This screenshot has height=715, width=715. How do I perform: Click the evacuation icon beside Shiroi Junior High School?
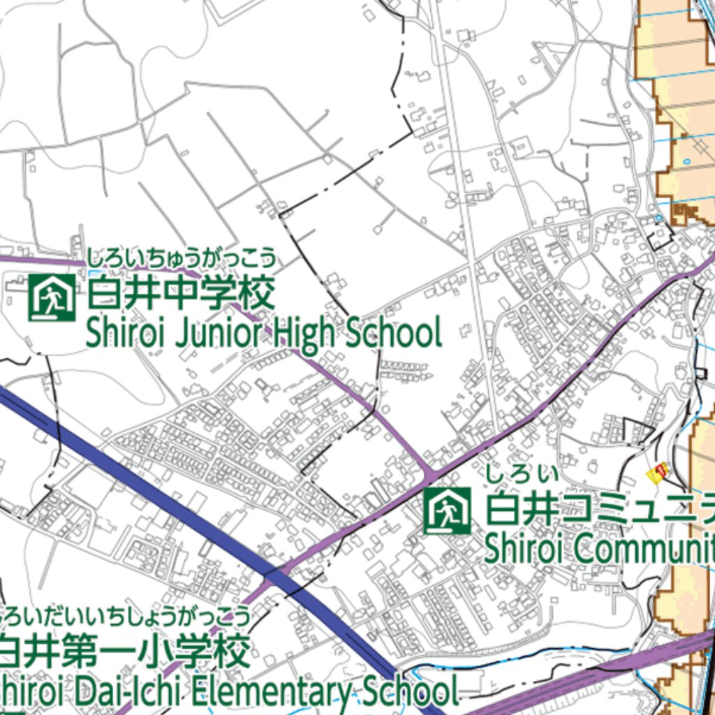click(52, 297)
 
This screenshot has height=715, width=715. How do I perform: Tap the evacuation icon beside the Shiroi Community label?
click(448, 511)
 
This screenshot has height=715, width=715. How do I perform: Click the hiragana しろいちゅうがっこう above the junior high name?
click(180, 258)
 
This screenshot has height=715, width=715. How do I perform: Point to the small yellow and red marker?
click(657, 473)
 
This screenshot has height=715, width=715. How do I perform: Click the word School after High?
click(395, 334)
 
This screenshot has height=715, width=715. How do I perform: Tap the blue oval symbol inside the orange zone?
click(686, 161)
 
